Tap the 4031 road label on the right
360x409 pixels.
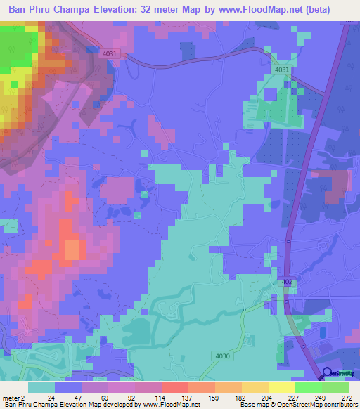pyautogui.click(x=282, y=70)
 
